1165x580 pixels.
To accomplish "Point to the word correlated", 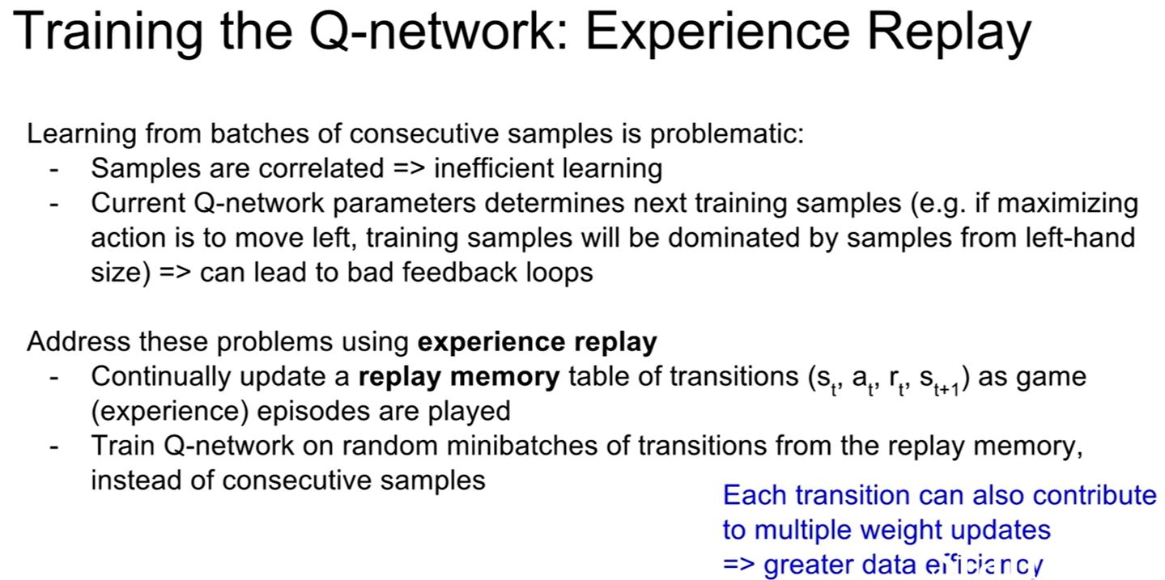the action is [321, 168].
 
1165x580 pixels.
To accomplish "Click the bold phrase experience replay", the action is [537, 342].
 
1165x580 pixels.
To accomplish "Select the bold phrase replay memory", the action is [459, 377].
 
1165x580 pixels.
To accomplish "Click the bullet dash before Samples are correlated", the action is [54, 169].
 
